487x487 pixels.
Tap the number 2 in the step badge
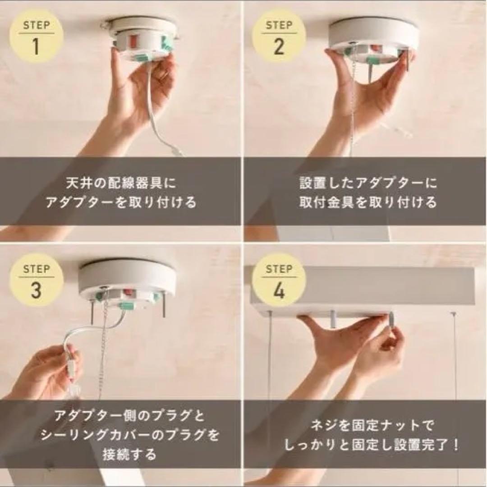point(279,46)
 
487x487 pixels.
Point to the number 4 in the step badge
point(279,291)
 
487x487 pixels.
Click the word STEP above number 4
point(279,270)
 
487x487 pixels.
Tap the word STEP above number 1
point(36,25)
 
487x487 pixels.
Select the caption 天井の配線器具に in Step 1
point(121,183)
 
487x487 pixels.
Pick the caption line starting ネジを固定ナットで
point(366,426)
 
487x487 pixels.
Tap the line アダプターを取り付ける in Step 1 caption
point(121,202)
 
